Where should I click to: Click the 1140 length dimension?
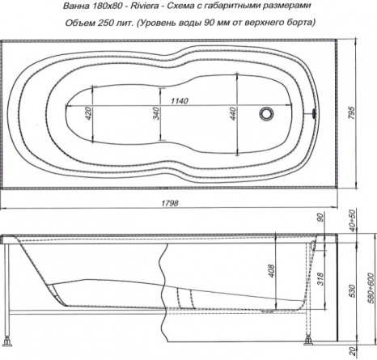[180, 101]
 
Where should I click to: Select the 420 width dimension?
[88, 113]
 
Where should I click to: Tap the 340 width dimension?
[156, 113]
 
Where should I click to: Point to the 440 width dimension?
[233, 113]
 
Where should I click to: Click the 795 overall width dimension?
[352, 112]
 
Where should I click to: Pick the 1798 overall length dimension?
[170, 203]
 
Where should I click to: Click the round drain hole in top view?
[266, 113]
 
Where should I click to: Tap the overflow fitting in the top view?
[314, 113]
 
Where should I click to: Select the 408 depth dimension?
[272, 271]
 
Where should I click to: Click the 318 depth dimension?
[320, 279]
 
